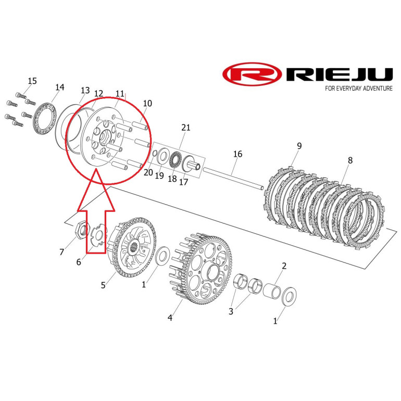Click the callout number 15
[32, 81]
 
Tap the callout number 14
[59, 87]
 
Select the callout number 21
[186, 128]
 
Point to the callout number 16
[237, 154]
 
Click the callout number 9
[299, 146]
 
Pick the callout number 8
[350, 160]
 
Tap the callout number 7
[62, 252]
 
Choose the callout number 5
[103, 285]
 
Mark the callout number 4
[170, 318]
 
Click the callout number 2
[284, 266]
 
